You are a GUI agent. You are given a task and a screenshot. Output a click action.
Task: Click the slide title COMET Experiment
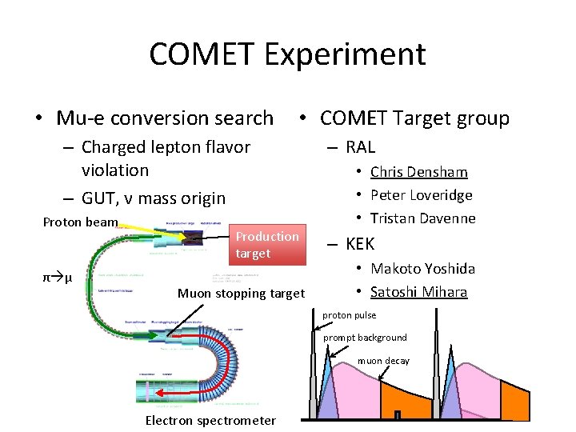click(287, 54)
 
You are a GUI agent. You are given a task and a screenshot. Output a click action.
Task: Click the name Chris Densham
click(418, 172)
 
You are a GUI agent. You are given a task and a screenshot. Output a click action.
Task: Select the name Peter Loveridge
click(421, 195)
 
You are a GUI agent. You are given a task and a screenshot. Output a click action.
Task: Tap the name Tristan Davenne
click(422, 218)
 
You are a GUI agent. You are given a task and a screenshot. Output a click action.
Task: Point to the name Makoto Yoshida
click(422, 269)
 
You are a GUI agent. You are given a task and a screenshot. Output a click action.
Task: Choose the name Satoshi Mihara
click(418, 292)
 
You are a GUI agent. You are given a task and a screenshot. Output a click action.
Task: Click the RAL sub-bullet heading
click(360, 146)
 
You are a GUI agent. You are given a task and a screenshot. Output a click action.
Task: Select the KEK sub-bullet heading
click(359, 243)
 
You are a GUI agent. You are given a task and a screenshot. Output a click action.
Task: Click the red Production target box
click(267, 245)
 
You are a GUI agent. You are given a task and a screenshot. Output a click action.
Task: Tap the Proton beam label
click(80, 222)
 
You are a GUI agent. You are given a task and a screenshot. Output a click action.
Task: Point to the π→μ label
click(58, 278)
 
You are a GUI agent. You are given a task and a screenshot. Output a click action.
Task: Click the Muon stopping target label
click(241, 294)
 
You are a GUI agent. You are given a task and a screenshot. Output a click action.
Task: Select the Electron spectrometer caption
click(210, 421)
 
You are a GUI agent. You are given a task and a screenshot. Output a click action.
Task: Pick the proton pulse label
click(349, 315)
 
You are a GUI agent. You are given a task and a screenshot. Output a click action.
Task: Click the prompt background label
click(365, 338)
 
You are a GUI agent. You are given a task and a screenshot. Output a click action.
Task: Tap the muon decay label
click(383, 361)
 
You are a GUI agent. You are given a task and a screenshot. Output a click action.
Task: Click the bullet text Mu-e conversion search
click(165, 118)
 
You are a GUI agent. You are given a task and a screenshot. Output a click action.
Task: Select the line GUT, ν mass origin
click(154, 198)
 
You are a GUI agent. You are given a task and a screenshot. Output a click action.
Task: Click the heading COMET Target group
click(414, 118)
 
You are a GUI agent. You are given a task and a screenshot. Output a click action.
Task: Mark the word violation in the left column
click(115, 170)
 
